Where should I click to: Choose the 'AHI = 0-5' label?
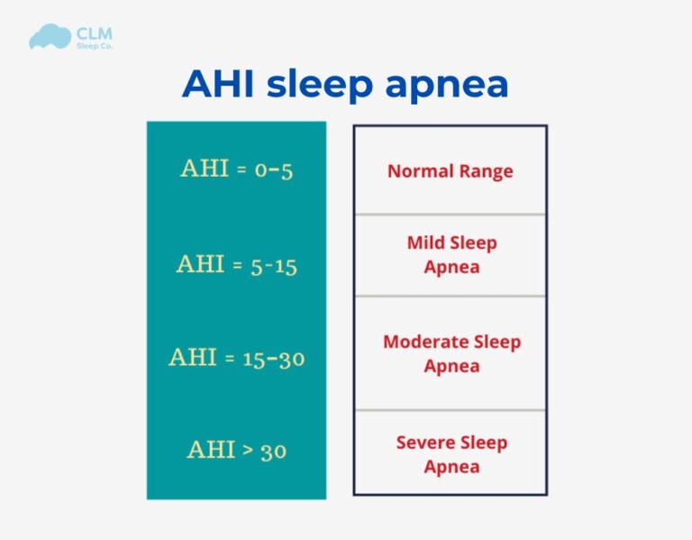pyautogui.click(x=236, y=169)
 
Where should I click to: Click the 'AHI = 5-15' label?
pyautogui.click(x=236, y=265)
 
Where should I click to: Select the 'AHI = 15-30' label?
pyautogui.click(x=236, y=358)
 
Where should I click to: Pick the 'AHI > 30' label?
pyautogui.click(x=236, y=449)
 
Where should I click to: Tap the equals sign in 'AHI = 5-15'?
pyautogui.click(x=236, y=265)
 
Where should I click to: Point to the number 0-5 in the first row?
pyautogui.click(x=273, y=169)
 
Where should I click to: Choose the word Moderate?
pyautogui.click(x=426, y=343)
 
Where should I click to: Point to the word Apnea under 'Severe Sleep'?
pyautogui.click(x=451, y=467)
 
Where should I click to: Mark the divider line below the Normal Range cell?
pyautogui.click(x=450, y=215)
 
